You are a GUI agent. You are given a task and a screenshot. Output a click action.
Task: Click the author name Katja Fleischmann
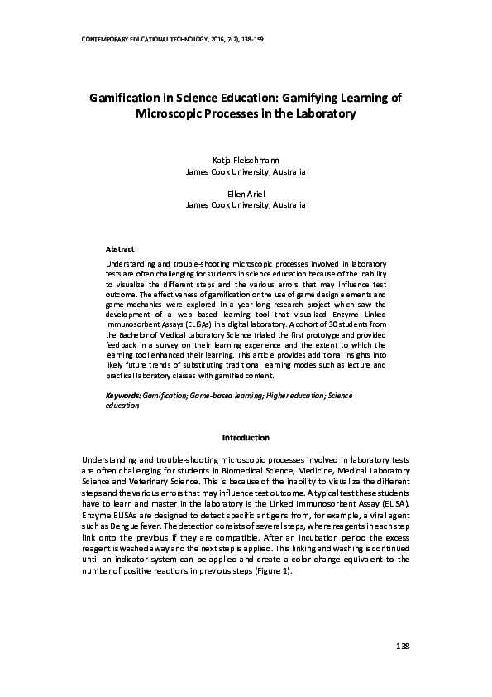246,161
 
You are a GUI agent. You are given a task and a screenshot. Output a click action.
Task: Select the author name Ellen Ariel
246,191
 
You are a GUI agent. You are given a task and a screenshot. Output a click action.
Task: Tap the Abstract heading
121,249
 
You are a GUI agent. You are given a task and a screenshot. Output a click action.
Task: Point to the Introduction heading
246,437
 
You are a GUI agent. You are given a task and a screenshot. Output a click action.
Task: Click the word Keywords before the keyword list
123,397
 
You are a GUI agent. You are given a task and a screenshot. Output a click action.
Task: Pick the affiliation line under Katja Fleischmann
246,173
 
